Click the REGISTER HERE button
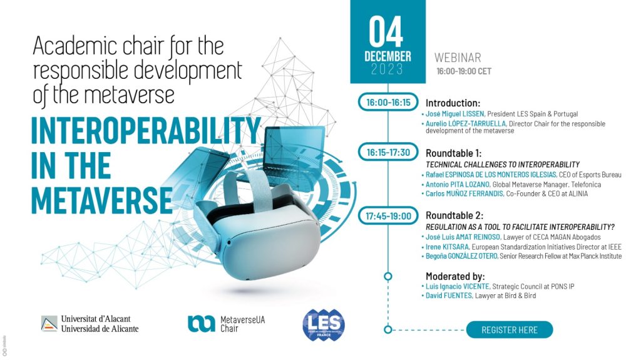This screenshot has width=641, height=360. (510, 330)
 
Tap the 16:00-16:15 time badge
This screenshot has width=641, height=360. (388, 102)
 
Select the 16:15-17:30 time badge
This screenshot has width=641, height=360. (388, 153)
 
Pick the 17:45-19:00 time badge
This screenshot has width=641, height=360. (388, 216)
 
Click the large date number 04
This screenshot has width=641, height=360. (386, 32)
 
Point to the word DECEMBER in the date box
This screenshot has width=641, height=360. (387, 56)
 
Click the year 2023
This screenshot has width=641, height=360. (387, 69)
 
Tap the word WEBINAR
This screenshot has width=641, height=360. (458, 58)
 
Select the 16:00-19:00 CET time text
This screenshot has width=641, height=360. (464, 71)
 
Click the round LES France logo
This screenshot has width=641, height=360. (324, 325)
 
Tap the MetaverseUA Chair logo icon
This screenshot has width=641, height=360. (201, 324)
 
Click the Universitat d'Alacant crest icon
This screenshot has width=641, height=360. (49, 324)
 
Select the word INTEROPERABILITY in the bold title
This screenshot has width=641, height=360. (146, 130)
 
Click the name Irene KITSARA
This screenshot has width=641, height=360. (448, 247)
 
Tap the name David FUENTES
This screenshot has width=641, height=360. (448, 296)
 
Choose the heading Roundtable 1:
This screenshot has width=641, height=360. (454, 153)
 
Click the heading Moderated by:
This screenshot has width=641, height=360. (455, 276)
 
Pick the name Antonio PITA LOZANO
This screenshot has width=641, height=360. (458, 185)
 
